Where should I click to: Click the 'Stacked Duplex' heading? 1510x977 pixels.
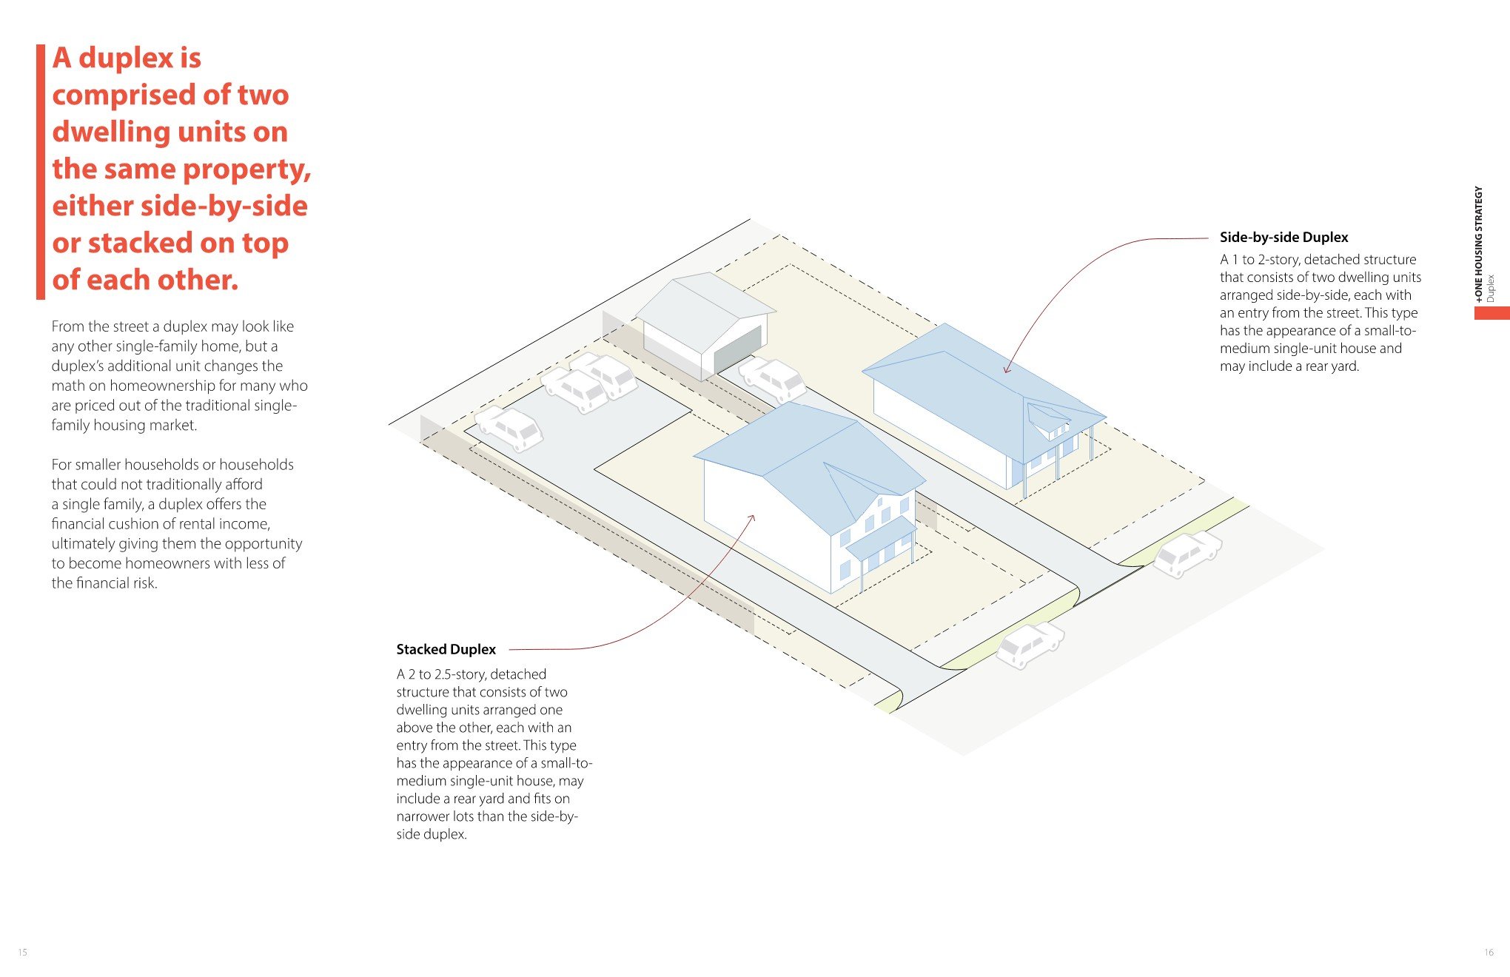click(x=446, y=649)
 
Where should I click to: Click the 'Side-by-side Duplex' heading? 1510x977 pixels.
click(x=1283, y=237)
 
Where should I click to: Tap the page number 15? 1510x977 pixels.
click(x=23, y=952)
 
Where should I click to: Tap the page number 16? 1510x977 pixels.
click(x=1489, y=952)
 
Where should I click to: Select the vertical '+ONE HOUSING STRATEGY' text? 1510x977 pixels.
click(x=1479, y=244)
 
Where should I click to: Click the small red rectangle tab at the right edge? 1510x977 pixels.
click(x=1491, y=313)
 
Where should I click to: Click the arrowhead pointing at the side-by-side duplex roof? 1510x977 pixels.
click(x=1006, y=369)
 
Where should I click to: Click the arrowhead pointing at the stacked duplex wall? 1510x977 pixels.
click(x=752, y=517)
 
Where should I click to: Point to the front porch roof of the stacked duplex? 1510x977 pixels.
click(x=881, y=537)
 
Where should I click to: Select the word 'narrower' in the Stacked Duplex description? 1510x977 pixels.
click(x=427, y=816)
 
